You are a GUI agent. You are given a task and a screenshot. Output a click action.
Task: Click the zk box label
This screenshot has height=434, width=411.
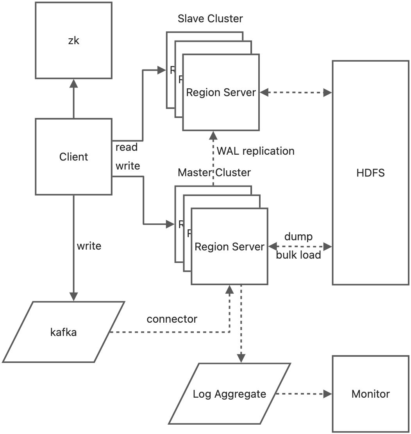point(73,41)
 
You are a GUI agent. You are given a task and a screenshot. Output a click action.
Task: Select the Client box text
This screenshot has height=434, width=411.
point(73,157)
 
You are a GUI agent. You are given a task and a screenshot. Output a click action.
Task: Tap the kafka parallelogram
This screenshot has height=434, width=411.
point(63,332)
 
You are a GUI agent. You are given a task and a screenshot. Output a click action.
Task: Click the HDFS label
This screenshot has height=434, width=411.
point(370,173)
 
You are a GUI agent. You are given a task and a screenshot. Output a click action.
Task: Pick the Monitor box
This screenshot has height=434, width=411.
point(370,394)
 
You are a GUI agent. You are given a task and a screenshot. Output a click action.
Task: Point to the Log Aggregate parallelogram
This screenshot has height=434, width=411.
point(229,394)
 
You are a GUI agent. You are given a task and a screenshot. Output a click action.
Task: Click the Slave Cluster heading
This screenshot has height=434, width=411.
point(210,19)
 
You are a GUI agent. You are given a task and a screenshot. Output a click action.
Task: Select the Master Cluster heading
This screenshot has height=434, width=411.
point(214,172)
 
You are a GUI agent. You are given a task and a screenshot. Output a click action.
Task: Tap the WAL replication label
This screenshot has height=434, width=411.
point(256,151)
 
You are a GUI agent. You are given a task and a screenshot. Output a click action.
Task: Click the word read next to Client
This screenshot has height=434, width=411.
point(127,147)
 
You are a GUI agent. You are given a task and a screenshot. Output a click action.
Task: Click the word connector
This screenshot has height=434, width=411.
point(172,319)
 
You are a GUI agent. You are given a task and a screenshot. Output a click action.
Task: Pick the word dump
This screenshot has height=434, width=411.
point(298,237)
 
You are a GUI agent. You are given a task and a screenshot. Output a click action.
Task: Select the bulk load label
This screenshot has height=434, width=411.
point(298,255)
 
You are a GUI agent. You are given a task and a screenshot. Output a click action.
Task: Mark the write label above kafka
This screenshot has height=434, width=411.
point(89,246)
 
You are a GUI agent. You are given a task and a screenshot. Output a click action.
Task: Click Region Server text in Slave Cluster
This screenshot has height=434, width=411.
point(221,93)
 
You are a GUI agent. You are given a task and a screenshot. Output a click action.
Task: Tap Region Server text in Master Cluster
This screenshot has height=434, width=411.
point(229,247)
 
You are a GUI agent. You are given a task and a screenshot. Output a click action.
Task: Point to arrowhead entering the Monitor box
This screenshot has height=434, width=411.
point(328,394)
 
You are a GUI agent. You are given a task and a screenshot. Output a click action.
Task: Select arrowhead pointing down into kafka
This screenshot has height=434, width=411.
point(73,296)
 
